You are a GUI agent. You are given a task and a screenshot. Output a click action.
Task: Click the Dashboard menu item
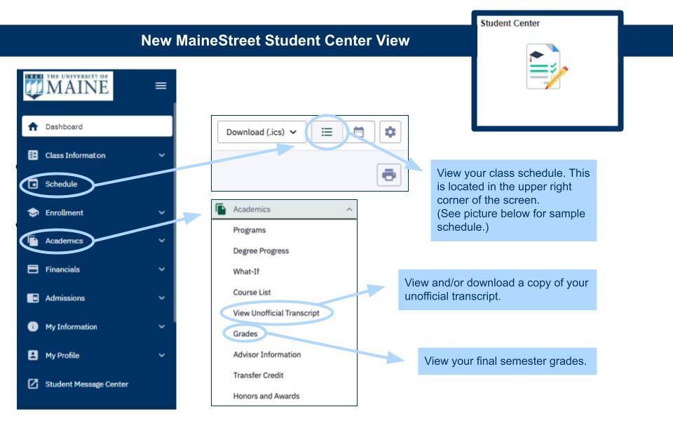pos(97,126)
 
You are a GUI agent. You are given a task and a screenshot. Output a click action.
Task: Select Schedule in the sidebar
pos(61,184)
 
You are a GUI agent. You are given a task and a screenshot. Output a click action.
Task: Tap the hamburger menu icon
pos(161,86)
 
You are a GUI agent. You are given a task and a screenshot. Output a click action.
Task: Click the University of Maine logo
pos(68,86)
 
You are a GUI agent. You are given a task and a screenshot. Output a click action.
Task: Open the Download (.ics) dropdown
pos(261,132)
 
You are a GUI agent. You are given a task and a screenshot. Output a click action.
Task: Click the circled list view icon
pos(327,132)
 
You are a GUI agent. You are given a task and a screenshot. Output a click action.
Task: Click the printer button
pos(389,175)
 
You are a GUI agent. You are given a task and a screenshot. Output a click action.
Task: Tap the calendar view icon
pos(358,132)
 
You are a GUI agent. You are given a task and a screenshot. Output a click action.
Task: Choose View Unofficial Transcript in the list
pos(276,313)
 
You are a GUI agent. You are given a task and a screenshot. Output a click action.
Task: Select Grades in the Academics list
pos(245,334)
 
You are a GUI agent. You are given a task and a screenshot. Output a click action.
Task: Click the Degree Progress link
pos(261,251)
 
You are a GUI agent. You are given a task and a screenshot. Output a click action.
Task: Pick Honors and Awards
pos(266,396)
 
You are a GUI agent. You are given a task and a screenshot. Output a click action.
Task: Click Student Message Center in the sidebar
pos(87,384)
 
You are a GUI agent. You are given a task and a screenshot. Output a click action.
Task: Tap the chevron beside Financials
pos(162,269)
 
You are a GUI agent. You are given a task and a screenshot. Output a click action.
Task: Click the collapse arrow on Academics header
pos(349,209)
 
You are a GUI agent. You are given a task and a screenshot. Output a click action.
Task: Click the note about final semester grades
pos(508,361)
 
